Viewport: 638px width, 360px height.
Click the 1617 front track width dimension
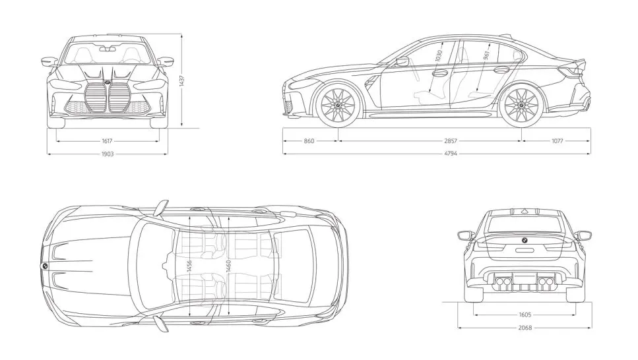[x=107, y=141]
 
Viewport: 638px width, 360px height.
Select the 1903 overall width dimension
[x=108, y=154]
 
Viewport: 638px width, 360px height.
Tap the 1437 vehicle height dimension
[x=181, y=81]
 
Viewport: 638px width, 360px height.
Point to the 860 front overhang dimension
[x=309, y=141]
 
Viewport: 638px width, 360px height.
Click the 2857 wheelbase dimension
[x=451, y=141]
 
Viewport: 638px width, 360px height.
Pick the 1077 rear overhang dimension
[x=557, y=141]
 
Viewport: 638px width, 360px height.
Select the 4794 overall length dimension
[x=451, y=154]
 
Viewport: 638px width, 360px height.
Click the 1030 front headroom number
[x=438, y=56]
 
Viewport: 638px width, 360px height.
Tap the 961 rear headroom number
[x=487, y=56]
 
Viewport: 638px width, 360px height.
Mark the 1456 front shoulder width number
[x=189, y=267]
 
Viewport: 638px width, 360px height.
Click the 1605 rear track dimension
[x=525, y=315]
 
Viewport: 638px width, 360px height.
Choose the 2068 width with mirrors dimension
[x=525, y=328]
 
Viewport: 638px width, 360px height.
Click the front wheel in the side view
[x=338, y=105]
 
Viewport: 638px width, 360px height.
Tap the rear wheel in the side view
[x=522, y=105]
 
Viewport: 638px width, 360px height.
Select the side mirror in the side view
[x=402, y=61]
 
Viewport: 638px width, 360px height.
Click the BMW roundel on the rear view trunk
[x=525, y=240]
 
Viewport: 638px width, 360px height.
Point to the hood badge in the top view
[x=44, y=265]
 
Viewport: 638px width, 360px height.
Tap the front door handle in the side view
[x=440, y=74]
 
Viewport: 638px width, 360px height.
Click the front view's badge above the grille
[x=107, y=82]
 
